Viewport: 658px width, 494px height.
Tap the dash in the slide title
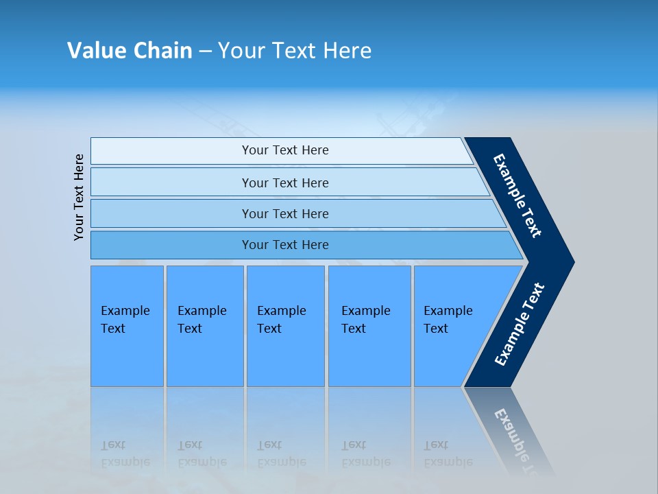coord(205,51)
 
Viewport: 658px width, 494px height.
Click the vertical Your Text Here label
coord(79,197)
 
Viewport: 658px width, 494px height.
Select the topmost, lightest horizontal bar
coord(284,150)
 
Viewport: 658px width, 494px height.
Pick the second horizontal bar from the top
coord(284,183)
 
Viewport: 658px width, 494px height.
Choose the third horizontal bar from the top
coord(284,213)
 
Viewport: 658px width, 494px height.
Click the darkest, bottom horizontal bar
coord(284,245)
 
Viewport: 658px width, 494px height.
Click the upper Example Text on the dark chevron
coord(518,196)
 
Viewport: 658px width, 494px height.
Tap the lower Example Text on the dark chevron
coord(520,325)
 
